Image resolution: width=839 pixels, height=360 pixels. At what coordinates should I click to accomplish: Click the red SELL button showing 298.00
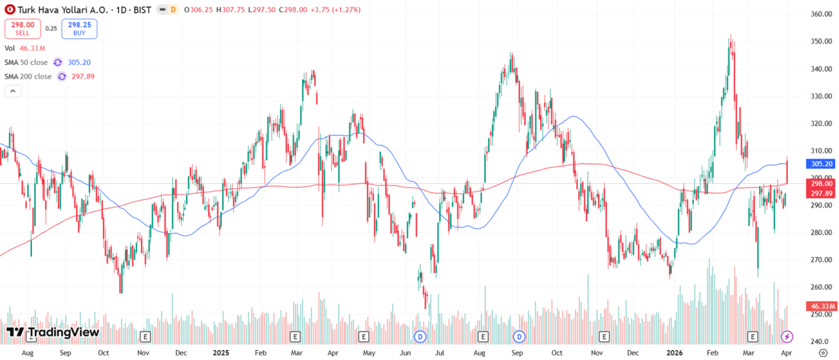point(21,28)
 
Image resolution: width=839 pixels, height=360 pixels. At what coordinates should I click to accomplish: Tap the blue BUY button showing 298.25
point(80,28)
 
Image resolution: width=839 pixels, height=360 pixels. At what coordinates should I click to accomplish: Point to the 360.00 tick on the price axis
point(821,14)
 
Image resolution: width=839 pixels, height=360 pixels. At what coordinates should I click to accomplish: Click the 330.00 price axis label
point(821,96)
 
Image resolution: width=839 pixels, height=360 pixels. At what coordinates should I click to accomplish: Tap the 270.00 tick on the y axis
point(821,260)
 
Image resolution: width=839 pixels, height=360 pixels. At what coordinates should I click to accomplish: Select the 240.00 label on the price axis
point(821,342)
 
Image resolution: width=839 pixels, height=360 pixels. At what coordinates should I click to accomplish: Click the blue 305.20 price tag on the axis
point(821,163)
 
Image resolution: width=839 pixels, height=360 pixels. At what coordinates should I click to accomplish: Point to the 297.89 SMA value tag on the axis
point(821,193)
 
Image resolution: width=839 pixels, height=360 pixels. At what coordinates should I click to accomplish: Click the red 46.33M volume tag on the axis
point(821,306)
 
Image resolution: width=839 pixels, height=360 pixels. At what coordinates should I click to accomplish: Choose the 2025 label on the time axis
point(221,354)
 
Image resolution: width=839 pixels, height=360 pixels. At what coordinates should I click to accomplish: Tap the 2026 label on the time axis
point(673,354)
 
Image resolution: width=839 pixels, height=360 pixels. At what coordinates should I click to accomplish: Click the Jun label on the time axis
point(406,354)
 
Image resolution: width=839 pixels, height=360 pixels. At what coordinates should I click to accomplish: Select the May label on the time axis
point(368,354)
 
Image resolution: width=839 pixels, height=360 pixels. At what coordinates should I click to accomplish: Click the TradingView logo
point(53,333)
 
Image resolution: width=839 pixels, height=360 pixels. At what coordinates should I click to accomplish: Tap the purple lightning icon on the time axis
point(788,336)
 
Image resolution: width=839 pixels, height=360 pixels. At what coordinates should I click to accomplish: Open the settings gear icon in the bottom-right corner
point(823,353)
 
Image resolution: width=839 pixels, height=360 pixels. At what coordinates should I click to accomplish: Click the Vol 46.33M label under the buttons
point(25,47)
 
